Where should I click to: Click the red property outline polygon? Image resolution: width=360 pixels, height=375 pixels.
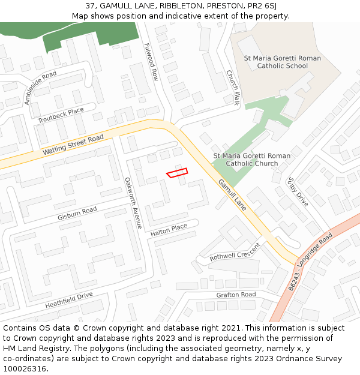pyautogui.click(x=177, y=173)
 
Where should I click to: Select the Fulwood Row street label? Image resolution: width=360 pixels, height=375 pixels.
pyautogui.click(x=151, y=62)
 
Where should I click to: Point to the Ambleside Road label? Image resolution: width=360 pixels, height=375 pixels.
pyautogui.click(x=41, y=88)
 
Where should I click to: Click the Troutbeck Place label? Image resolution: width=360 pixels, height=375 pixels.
pyautogui.click(x=61, y=116)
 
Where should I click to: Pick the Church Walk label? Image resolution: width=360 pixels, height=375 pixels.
pyautogui.click(x=233, y=88)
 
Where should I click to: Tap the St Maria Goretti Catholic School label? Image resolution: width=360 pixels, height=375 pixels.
pyautogui.click(x=282, y=62)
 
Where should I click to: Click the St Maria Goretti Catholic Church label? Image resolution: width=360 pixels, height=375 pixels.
pyautogui.click(x=252, y=160)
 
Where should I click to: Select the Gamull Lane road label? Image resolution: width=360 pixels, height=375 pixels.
pyautogui.click(x=232, y=195)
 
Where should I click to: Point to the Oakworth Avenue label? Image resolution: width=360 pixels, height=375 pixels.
pyautogui.click(x=133, y=202)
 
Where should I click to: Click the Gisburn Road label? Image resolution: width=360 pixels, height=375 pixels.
pyautogui.click(x=77, y=213)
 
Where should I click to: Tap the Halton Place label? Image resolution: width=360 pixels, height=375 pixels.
pyautogui.click(x=169, y=230)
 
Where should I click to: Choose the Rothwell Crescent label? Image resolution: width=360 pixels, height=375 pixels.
pyautogui.click(x=235, y=252)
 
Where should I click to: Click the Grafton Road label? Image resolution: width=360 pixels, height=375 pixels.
pyautogui.click(x=236, y=295)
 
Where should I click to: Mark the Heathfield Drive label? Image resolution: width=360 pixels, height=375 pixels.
pyautogui.click(x=69, y=300)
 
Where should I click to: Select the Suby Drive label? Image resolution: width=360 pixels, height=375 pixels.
pyautogui.click(x=298, y=191)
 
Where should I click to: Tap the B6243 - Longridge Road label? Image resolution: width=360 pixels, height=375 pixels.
pyautogui.click(x=310, y=263)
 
